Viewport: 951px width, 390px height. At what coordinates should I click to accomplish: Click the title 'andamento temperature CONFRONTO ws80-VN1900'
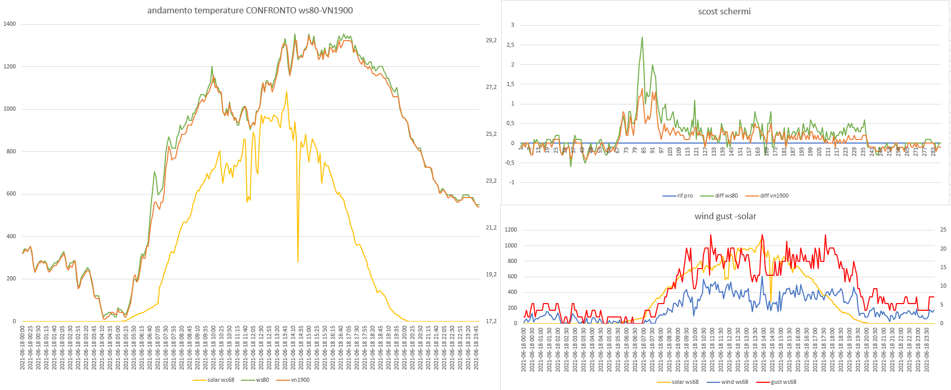[x=250, y=10]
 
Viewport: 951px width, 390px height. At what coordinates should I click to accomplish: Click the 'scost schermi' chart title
[x=724, y=11]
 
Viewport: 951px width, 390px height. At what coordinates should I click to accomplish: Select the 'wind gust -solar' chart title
[x=725, y=216]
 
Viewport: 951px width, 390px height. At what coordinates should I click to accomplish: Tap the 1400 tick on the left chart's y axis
[x=10, y=24]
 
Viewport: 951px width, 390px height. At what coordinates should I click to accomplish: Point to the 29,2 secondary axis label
[x=491, y=40]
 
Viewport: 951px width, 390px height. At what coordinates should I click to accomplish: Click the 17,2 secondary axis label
[x=491, y=321]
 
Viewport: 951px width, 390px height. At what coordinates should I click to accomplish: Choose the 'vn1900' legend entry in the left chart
[x=300, y=380]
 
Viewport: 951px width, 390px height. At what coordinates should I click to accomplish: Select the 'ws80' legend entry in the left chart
[x=262, y=380]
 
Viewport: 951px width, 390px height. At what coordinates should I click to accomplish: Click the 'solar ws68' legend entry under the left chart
[x=221, y=380]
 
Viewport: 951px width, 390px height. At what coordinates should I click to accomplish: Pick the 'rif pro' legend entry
[x=684, y=196]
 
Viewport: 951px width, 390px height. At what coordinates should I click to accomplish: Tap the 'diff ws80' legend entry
[x=726, y=196]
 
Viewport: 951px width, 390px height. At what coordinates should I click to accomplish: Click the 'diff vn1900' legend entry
[x=774, y=196]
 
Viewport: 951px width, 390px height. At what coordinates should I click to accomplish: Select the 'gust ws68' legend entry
[x=783, y=382]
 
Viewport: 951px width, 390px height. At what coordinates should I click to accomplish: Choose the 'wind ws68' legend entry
[x=734, y=382]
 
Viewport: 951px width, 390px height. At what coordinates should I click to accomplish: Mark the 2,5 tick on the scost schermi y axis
[x=509, y=45]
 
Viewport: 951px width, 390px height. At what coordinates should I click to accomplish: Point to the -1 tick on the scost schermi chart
[x=512, y=182]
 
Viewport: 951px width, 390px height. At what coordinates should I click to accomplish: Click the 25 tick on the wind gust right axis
[x=943, y=229]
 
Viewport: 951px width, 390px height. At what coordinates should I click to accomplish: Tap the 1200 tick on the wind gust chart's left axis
[x=510, y=229]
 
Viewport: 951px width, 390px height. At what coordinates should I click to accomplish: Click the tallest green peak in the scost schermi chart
[x=642, y=37]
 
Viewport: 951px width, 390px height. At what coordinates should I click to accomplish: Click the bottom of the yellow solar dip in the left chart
[x=298, y=261]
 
